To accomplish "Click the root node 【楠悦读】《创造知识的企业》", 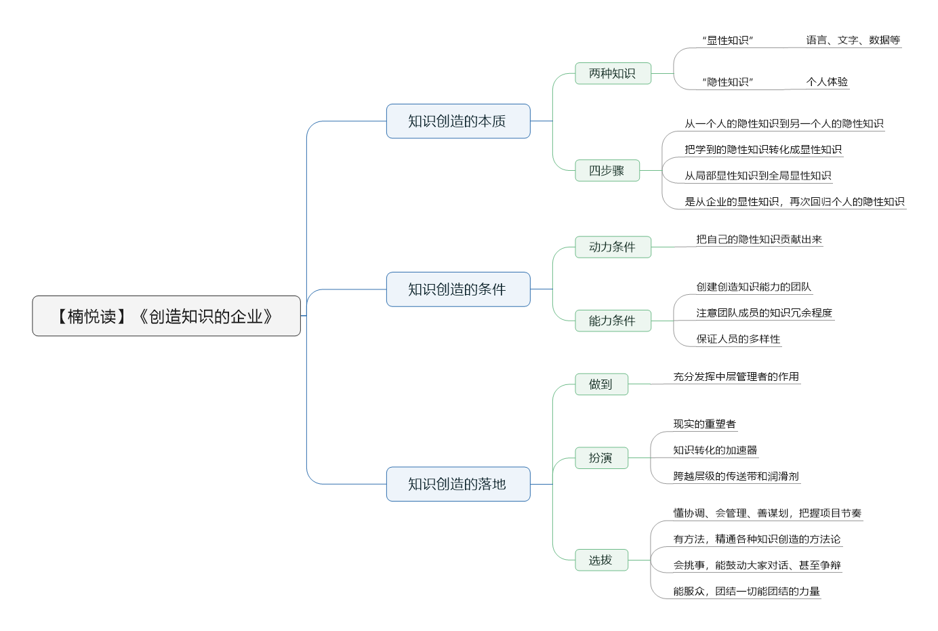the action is (x=166, y=316).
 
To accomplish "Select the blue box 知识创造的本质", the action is (x=458, y=121).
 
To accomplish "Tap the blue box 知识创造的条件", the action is (x=458, y=289).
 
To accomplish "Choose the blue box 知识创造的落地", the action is (x=458, y=484).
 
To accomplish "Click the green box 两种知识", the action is (x=613, y=73).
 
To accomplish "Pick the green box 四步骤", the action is (x=607, y=170).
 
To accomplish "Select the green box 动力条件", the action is (x=613, y=247).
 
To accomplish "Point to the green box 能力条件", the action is (x=613, y=321).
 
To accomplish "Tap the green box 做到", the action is (x=601, y=384).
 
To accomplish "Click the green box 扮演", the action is (x=601, y=458).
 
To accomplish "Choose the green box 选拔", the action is (x=601, y=561).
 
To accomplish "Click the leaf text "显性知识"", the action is (x=728, y=40).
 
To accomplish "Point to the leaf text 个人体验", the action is (x=827, y=81).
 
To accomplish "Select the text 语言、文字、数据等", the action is (x=853, y=40).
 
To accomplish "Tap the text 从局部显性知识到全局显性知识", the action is (x=758, y=176).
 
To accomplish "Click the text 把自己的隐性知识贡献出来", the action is (x=759, y=239).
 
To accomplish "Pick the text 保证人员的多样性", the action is (x=738, y=339).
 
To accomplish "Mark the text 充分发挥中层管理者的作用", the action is (x=736, y=376).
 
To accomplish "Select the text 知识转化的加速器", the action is (x=715, y=450).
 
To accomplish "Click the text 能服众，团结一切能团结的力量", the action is (x=747, y=591).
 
